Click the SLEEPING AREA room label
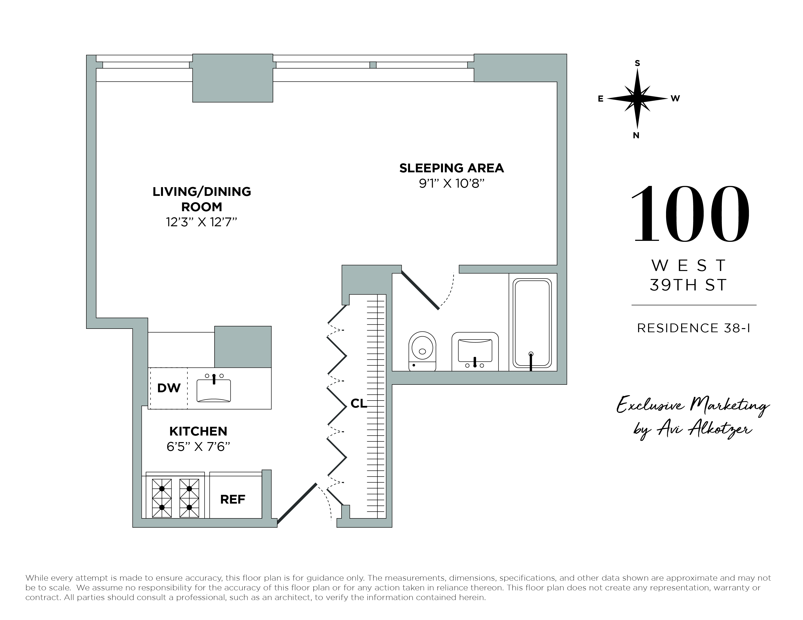coord(451,168)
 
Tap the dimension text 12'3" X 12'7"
coord(201,222)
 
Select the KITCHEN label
coord(198,431)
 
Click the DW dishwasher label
coord(169,388)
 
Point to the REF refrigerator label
coord(232,499)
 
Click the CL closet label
coord(359,404)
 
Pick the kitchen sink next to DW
coord(214,390)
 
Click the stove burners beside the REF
coord(175,498)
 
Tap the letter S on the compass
coord(637,63)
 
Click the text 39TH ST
coord(688,285)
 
